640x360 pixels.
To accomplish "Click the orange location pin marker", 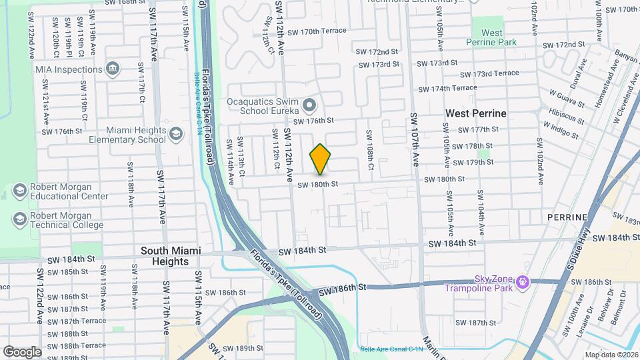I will pyautogui.click(x=321, y=159).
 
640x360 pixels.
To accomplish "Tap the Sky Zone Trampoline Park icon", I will pyautogui.click(x=523, y=283).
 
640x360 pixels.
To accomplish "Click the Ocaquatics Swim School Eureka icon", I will pyautogui.click(x=309, y=105).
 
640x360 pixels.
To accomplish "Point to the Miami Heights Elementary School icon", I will pyautogui.click(x=176, y=134).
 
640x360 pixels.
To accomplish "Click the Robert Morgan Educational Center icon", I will pyautogui.click(x=19, y=191).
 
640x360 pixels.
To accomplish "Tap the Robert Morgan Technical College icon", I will pyautogui.click(x=19, y=219).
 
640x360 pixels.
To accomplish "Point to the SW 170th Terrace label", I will pyautogui.click(x=315, y=31).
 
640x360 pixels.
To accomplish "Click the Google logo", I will pyautogui.click(x=22, y=351).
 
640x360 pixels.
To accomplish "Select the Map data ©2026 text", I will pyautogui.click(x=611, y=355).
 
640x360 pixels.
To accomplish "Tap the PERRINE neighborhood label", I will pyautogui.click(x=567, y=217).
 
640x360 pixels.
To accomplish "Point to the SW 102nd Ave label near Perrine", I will pyautogui.click(x=539, y=155).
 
